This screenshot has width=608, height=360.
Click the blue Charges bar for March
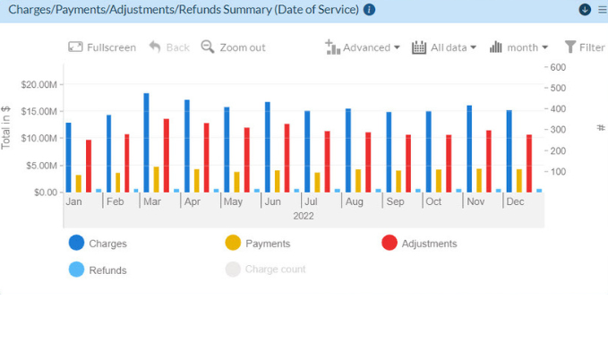tap(146, 142)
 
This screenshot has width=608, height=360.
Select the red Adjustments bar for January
tap(89, 166)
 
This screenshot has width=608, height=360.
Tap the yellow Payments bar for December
tap(518, 180)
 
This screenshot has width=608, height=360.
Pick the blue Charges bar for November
tap(468, 149)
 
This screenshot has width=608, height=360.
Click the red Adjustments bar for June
tap(287, 158)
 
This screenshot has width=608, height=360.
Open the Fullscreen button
tap(102, 47)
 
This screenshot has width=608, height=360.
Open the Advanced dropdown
tap(363, 47)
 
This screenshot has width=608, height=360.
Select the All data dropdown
tap(444, 47)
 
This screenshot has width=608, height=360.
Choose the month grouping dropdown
tap(519, 47)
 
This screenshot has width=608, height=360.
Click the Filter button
tap(584, 47)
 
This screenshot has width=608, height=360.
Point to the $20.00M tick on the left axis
tap(40, 84)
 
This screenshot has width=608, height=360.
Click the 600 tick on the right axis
tap(558, 67)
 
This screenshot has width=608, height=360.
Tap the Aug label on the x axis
tap(354, 202)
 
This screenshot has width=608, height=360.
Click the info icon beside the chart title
tap(370, 10)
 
